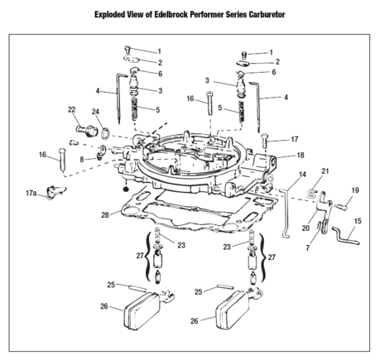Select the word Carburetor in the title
pyautogui.click(x=267, y=14)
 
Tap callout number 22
pyautogui.click(x=71, y=109)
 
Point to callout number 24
pyautogui.click(x=95, y=112)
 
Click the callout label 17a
pyautogui.click(x=31, y=193)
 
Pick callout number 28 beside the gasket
pyautogui.click(x=105, y=215)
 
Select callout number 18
pyautogui.click(x=301, y=156)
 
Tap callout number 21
pyautogui.click(x=325, y=171)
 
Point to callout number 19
pyautogui.click(x=355, y=190)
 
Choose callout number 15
pyautogui.click(x=358, y=221)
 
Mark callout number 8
pyautogui.click(x=82, y=160)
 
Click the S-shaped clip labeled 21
pyautogui.click(x=312, y=193)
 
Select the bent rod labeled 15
pyautogui.click(x=345, y=237)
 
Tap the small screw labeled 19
pyautogui.click(x=342, y=207)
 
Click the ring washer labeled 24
pyautogui.click(x=105, y=133)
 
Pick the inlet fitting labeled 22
pyautogui.click(x=86, y=131)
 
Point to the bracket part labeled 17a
pyautogui.click(x=56, y=192)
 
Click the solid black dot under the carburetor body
pyautogui.click(x=125, y=189)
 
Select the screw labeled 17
pyautogui.click(x=265, y=141)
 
